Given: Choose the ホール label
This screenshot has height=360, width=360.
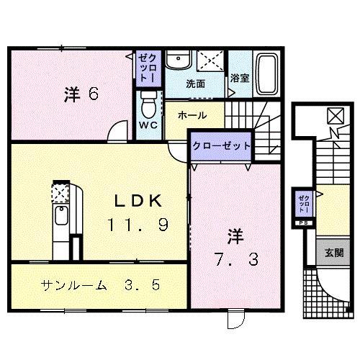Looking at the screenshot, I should (192, 115).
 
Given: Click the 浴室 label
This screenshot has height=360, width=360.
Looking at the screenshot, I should (239, 78).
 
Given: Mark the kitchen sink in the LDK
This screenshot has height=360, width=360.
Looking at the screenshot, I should (61, 216).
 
